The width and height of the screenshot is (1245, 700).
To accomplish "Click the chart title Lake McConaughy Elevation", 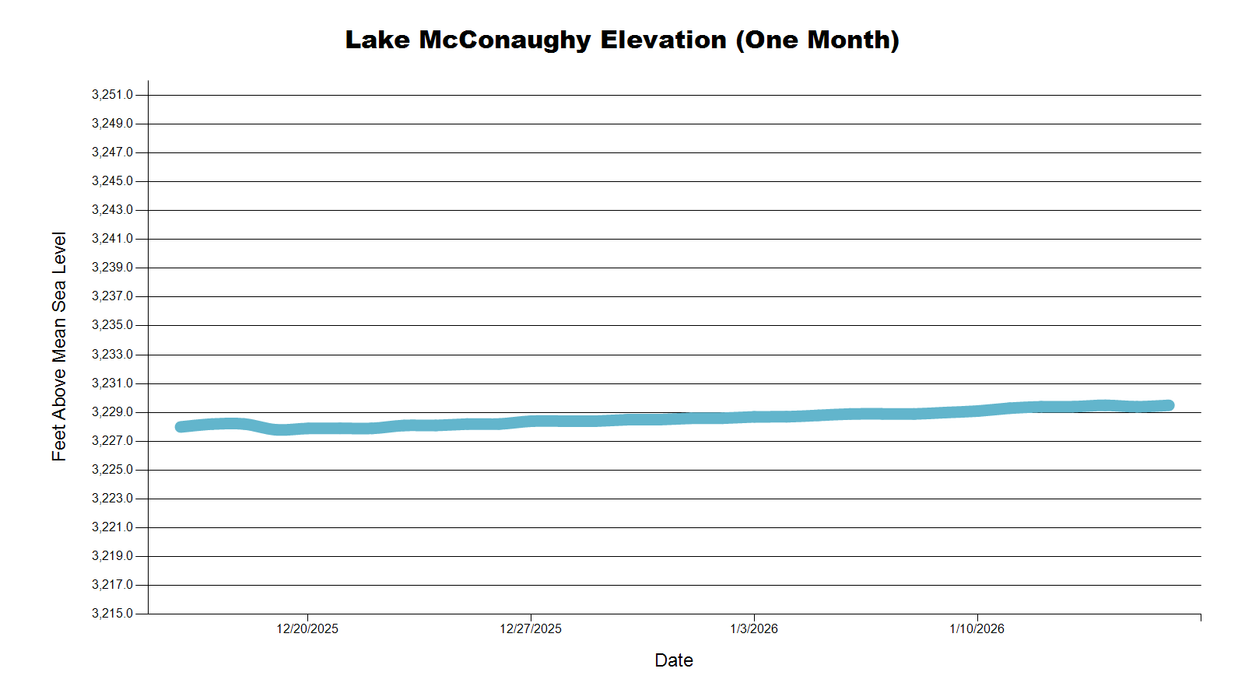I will coord(622,40).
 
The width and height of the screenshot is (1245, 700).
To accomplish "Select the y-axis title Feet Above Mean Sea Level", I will coord(59,346).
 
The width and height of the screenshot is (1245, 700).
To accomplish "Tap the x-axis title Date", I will coord(674,660).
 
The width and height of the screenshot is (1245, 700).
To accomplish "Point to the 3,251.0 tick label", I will coord(112,95).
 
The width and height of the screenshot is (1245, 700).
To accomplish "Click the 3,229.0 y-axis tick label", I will coord(112,412).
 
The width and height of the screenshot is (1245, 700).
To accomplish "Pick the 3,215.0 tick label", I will coord(112,614).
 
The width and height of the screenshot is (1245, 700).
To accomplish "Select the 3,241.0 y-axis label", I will coord(112,239).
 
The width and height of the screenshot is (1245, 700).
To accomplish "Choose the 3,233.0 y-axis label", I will coord(112,355).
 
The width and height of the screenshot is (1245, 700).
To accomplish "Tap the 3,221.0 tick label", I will coord(112,527).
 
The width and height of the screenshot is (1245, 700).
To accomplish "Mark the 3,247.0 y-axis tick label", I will coord(112,152).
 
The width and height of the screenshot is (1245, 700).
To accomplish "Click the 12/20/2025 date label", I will coord(307,629).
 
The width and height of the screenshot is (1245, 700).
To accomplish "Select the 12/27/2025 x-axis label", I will coord(531,629).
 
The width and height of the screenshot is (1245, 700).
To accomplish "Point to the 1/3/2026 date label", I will coord(754,629).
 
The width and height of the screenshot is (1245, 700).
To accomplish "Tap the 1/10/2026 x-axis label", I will coord(977,629).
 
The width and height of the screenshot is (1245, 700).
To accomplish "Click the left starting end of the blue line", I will coord(181,426).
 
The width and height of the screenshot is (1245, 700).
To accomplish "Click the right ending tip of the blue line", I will coord(1169,405).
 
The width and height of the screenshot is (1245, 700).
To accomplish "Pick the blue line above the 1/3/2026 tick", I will coord(754,417).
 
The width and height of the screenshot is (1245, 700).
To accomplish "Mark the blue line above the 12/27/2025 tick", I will coord(531,422).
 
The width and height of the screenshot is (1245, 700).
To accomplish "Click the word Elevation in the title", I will coord(663,40).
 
